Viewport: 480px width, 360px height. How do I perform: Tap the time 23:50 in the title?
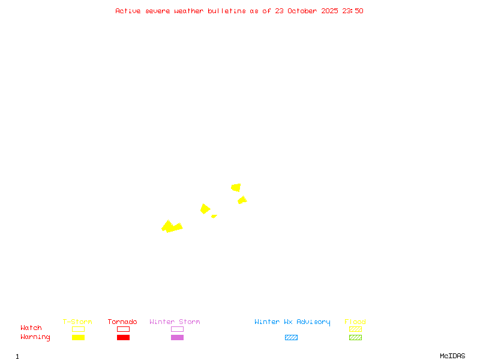pos(353,11)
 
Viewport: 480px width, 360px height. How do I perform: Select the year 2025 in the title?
pos(331,11)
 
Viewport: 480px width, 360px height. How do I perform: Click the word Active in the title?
pos(128,11)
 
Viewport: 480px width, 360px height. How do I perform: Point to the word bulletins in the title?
pos(227,11)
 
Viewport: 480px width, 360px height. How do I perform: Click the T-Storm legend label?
pos(77,322)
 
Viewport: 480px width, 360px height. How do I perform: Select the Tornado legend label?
pos(122,322)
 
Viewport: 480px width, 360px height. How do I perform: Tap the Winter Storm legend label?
pos(175,322)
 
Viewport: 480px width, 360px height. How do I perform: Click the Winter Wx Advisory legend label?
pos(292,322)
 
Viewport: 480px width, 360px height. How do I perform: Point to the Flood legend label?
pos(355,322)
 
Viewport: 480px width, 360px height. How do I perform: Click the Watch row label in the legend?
pos(31,328)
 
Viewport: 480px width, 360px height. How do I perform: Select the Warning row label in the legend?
pos(35,337)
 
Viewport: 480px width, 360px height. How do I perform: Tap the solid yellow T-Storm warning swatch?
pos(78,337)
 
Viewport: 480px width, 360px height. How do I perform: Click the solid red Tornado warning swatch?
pos(123,337)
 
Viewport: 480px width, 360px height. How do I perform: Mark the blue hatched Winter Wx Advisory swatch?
pos(291,337)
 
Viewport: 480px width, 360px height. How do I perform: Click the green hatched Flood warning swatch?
pos(355,337)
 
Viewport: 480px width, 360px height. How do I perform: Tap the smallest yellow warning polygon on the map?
pos(214,216)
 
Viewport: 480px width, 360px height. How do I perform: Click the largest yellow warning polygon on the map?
pos(171,227)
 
